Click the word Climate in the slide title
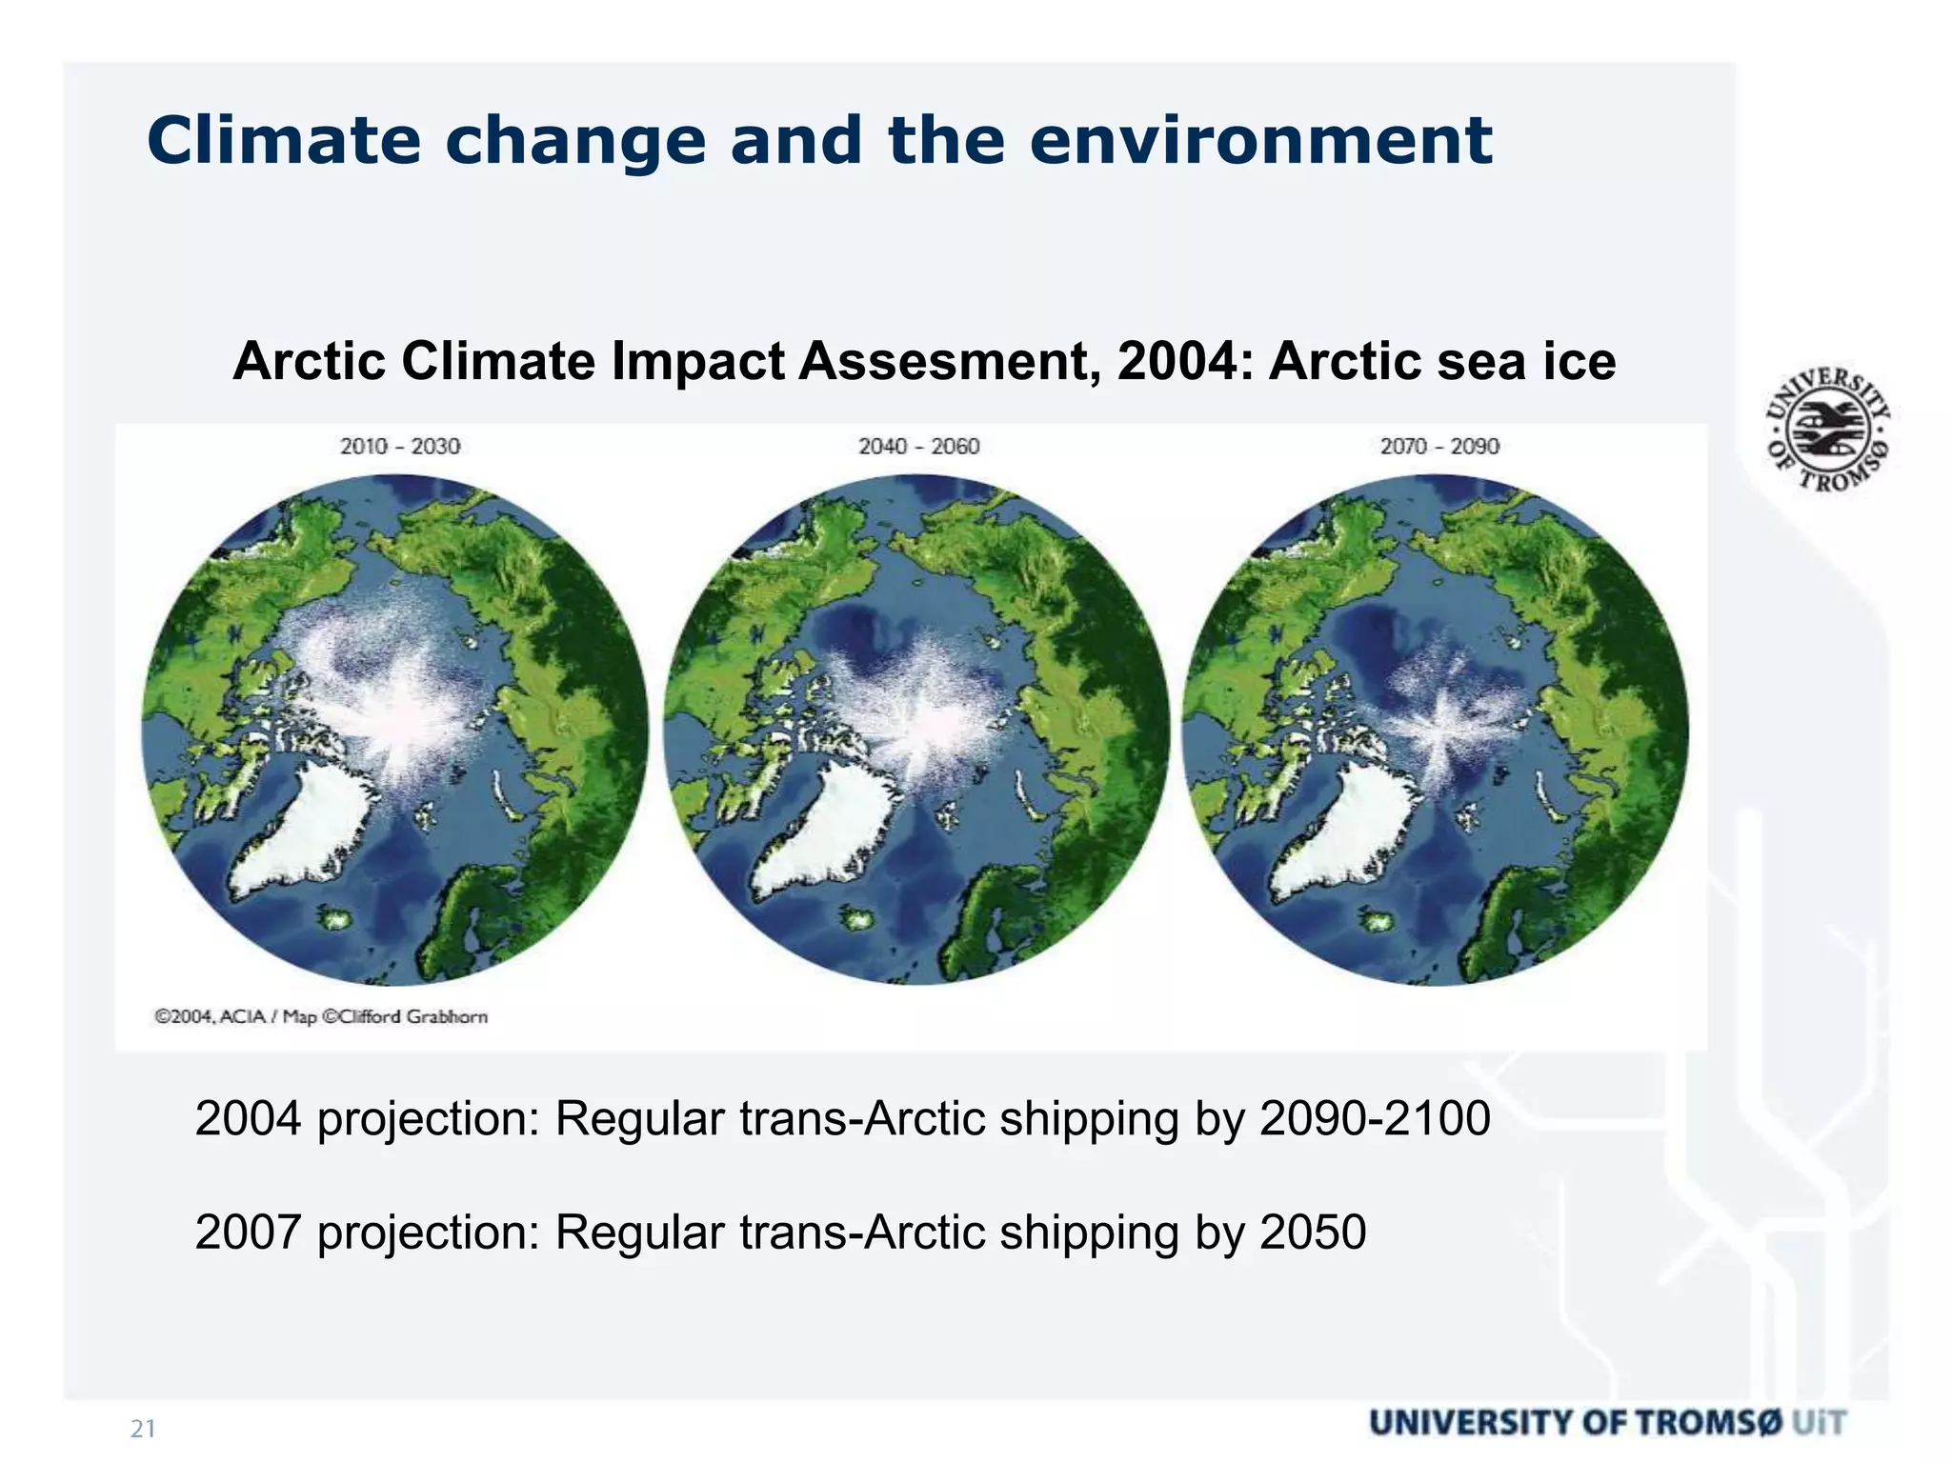[283, 141]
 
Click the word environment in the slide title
[1259, 141]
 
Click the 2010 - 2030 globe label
[400, 446]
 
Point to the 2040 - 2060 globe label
[918, 446]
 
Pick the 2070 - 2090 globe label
[1439, 446]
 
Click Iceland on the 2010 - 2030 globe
[336, 920]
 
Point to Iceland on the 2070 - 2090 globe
[1375, 920]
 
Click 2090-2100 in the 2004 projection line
[1375, 1118]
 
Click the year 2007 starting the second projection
[248, 1232]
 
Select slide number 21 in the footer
[143, 1429]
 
